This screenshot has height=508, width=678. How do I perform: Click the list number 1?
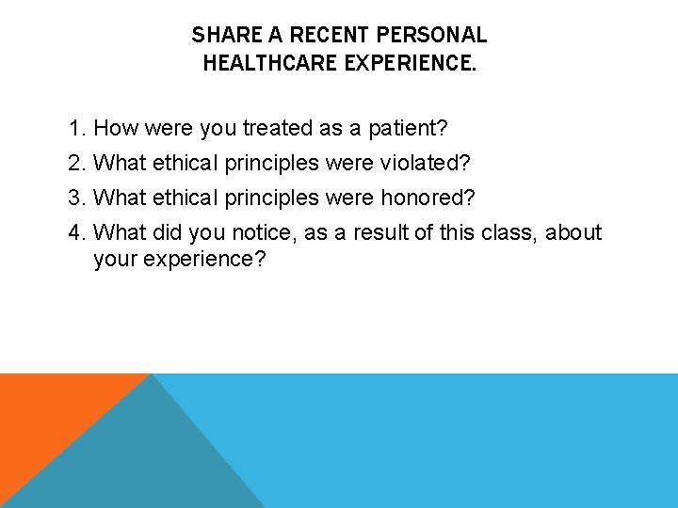pyautogui.click(x=76, y=128)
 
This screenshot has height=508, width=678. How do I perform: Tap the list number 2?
pyautogui.click(x=76, y=163)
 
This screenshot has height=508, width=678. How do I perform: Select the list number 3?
pyautogui.click(x=76, y=198)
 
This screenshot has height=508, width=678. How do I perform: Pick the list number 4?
pyautogui.click(x=76, y=232)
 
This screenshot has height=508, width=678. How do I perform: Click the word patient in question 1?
pyautogui.click(x=408, y=128)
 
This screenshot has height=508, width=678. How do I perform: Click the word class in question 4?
pyautogui.click(x=492, y=232)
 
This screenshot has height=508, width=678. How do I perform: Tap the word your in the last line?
pyautogui.click(x=115, y=259)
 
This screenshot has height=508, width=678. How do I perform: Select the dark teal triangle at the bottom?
pyautogui.click(x=141, y=461)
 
